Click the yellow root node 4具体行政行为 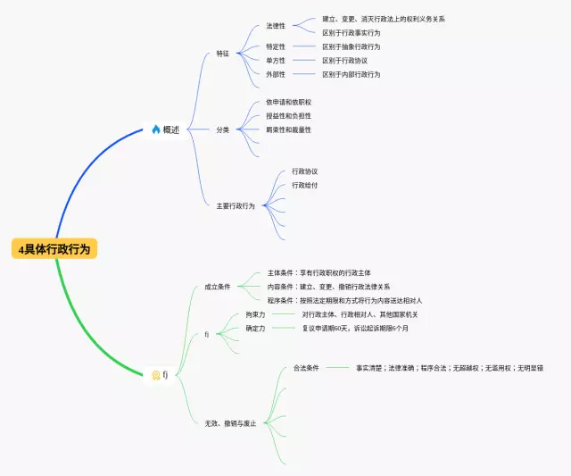pos(54,249)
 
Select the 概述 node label pos(171,129)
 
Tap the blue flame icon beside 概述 pos(156,129)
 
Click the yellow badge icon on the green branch pos(155,375)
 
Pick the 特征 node pos(223,54)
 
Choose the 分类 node pos(223,129)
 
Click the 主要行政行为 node pos(235,205)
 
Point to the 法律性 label pos(276,26)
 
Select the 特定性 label pos(276,46)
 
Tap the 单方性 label pos(276,61)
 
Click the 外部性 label pos(276,74)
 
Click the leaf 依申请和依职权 pos(288,102)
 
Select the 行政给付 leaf pos(304,185)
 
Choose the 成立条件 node pos(217,287)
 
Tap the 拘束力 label pos(255,314)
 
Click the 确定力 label pos(255,329)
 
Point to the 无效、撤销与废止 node pos(230,422)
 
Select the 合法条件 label pos(307,367)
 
